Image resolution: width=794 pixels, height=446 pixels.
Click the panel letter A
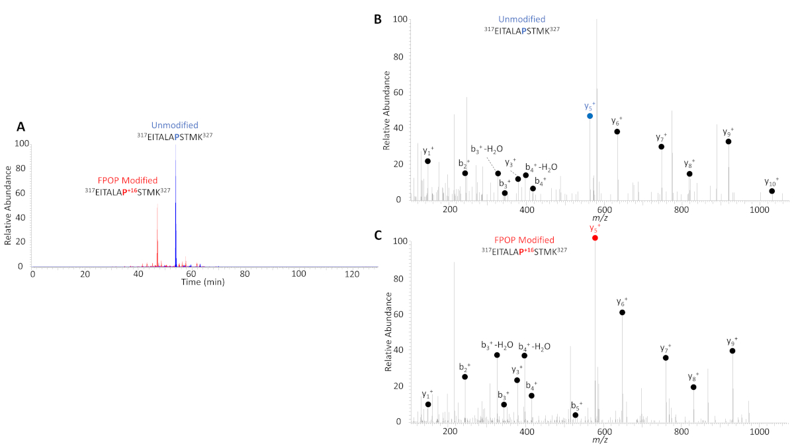coord(21,126)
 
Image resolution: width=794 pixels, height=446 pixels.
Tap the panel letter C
coord(378,235)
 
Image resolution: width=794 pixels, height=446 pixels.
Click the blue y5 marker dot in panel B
coord(590,116)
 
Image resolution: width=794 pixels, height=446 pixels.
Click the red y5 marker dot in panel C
coord(595,238)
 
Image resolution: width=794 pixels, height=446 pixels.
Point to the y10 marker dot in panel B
coord(772,191)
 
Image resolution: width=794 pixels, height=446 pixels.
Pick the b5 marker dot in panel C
coord(575,415)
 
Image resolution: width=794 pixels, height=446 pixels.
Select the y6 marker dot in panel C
coord(622,312)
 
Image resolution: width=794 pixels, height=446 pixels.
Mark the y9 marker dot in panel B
coord(728,141)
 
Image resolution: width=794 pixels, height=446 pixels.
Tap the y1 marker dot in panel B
coord(427,161)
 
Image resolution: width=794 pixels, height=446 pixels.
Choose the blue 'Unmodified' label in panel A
coord(175,126)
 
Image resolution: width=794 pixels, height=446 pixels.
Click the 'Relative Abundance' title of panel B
coord(388,110)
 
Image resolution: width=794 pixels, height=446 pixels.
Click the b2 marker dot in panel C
coord(464,377)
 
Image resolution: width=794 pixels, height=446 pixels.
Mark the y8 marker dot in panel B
coord(689,174)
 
